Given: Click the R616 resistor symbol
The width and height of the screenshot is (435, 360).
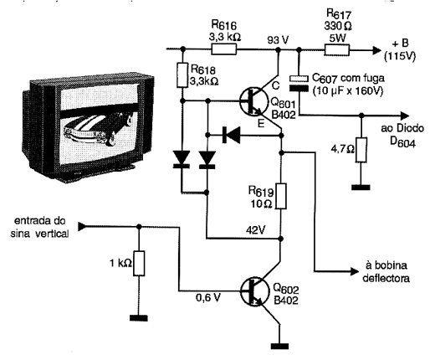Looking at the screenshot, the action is point(224,49).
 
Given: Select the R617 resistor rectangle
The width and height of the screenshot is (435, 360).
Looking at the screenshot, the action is point(336,49).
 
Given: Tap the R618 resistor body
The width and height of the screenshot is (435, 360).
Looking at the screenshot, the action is point(182,75).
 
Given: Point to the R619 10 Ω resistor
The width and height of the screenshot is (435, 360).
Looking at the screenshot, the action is point(281,196).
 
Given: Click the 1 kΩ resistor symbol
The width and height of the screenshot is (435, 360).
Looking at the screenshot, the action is point(139,263).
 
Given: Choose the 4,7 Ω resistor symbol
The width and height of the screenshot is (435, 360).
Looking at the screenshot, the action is point(361,150).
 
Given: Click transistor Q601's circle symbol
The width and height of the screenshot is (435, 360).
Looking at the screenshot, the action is point(253,101).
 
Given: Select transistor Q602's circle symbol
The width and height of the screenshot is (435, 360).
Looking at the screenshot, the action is point(254,291).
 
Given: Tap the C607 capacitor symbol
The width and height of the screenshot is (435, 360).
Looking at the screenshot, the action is point(299,84).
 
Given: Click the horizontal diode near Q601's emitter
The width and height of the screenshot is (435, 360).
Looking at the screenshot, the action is point(231,135).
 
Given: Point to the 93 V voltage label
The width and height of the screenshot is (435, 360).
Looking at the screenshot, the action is point(278,40).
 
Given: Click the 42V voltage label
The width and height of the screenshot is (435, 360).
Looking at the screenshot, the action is point(256,230).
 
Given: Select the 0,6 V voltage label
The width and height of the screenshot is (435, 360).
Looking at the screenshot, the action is point(208,298).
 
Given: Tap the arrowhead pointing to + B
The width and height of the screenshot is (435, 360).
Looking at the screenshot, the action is point(376,50).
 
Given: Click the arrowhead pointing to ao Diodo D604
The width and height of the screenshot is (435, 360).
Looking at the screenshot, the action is point(405,116).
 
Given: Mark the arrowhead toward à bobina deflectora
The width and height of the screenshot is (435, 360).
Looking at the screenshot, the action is point(354,271).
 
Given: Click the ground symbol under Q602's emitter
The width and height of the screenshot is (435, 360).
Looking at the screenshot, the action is point(279,347).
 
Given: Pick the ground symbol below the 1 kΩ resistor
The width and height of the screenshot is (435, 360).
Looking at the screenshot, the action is point(139,318).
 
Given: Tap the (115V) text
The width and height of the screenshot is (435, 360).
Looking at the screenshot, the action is point(400,57).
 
